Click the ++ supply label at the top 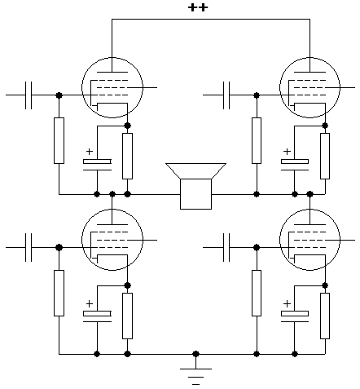198,7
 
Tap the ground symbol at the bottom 195,377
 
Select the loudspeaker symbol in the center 195,186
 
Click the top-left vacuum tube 112,87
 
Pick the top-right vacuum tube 310,87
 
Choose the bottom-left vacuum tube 112,240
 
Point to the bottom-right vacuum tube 310,240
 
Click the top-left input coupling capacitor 29,95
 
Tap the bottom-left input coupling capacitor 29,247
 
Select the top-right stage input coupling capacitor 226,95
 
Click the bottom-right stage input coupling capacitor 226,247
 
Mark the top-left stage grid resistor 59,140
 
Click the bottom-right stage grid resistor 257,293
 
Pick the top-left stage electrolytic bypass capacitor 97,165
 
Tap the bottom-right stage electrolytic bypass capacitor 295,316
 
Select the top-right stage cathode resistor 325,156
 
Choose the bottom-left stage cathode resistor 127,316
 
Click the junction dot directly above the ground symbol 195,354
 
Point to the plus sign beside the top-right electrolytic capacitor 287,151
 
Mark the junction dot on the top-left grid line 59,95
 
